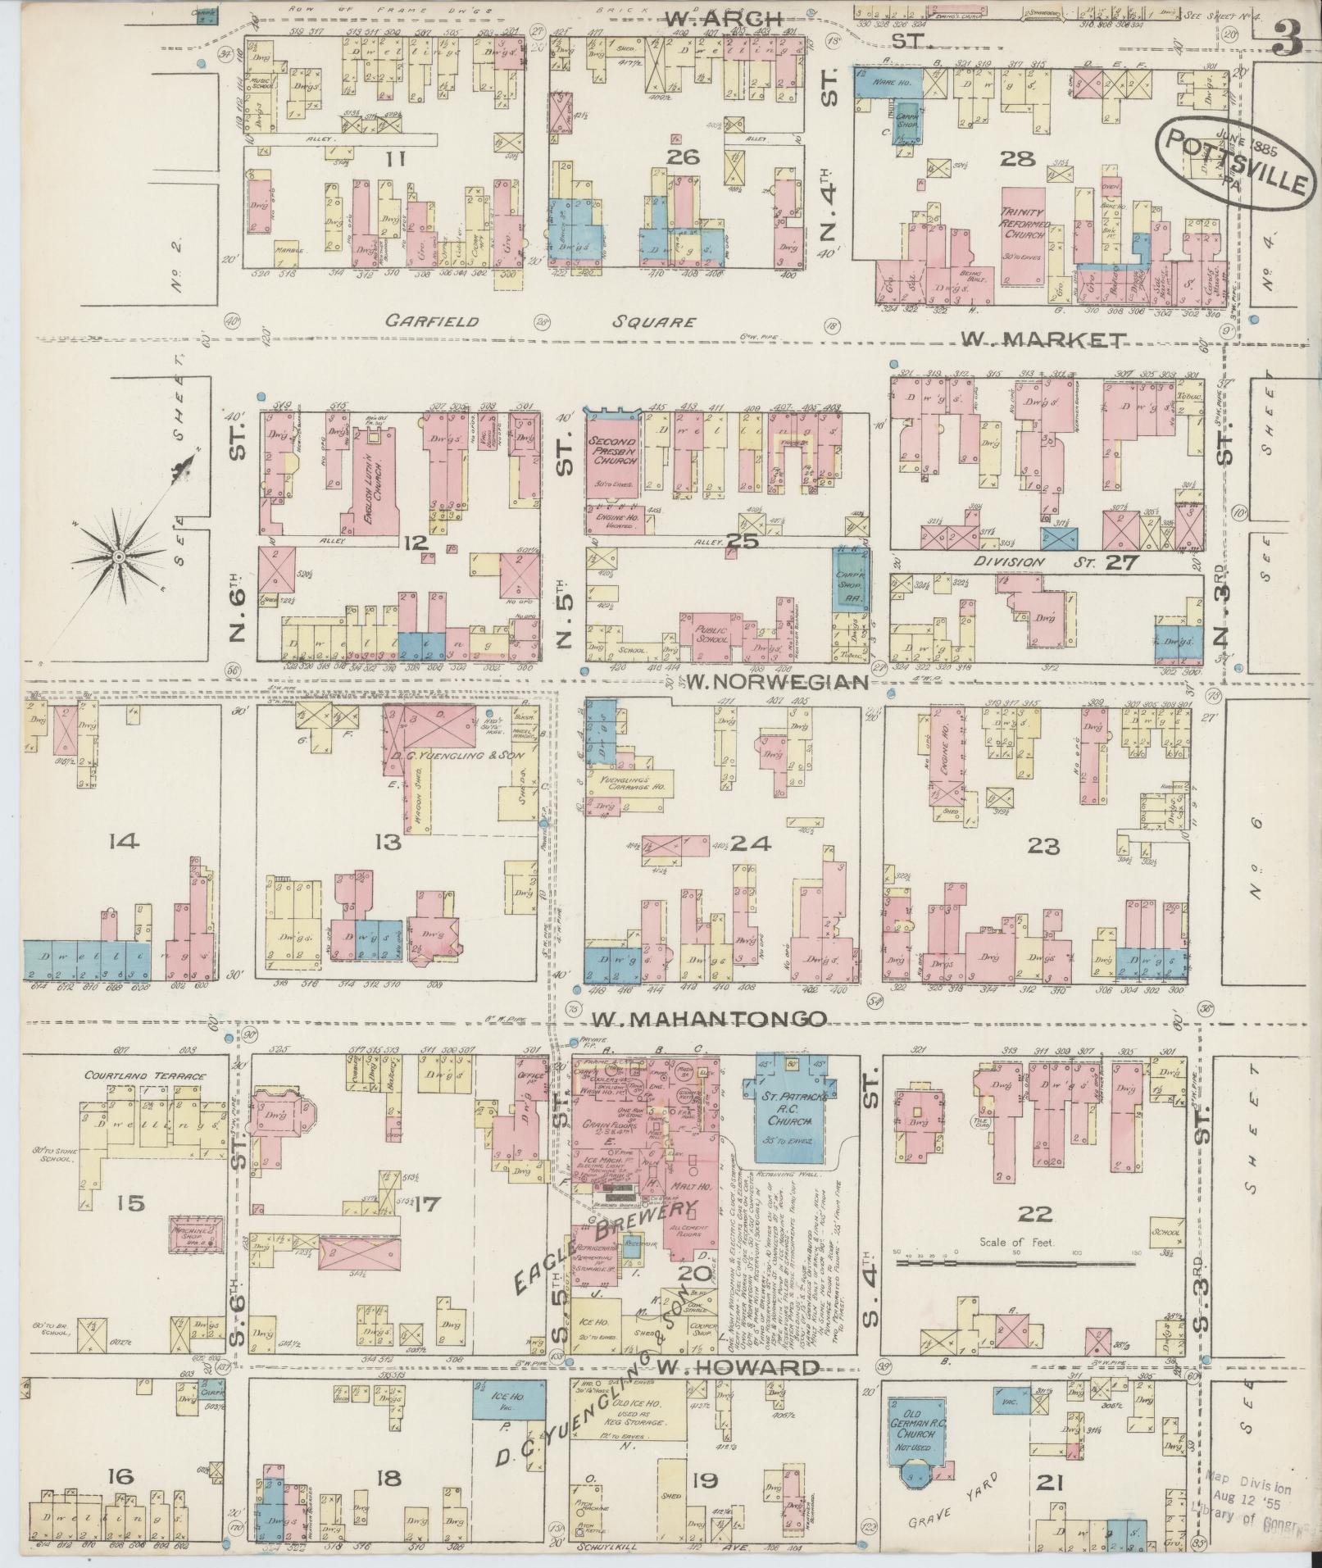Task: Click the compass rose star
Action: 120,557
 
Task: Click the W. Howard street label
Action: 738,1368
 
